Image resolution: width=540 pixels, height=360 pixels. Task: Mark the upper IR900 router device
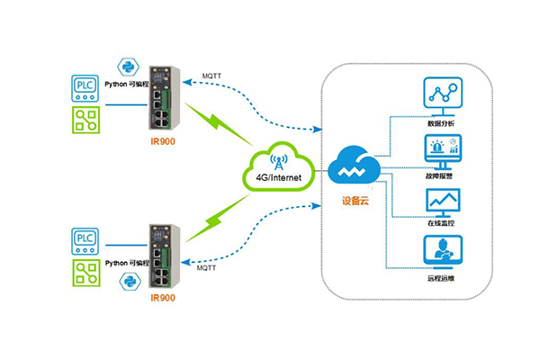tap(163, 98)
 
